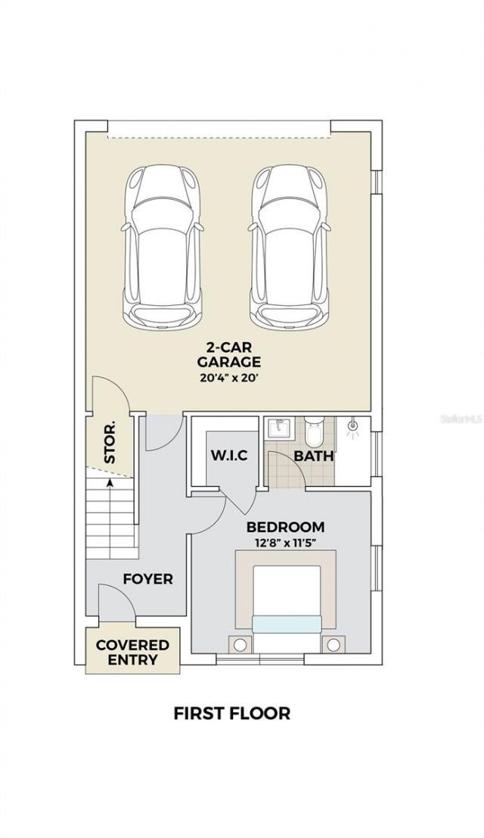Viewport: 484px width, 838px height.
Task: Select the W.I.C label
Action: point(229,456)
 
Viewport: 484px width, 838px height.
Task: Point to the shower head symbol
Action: point(352,428)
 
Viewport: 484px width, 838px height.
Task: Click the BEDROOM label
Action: point(286,526)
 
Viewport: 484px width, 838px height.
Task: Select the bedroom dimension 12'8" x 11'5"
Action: point(286,543)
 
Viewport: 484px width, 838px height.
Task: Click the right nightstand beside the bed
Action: point(333,645)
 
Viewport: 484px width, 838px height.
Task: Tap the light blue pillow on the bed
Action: point(287,623)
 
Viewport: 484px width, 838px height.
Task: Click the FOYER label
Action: point(148,579)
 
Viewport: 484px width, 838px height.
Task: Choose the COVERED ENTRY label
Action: point(132,652)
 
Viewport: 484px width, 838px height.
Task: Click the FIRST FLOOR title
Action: point(231,712)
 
